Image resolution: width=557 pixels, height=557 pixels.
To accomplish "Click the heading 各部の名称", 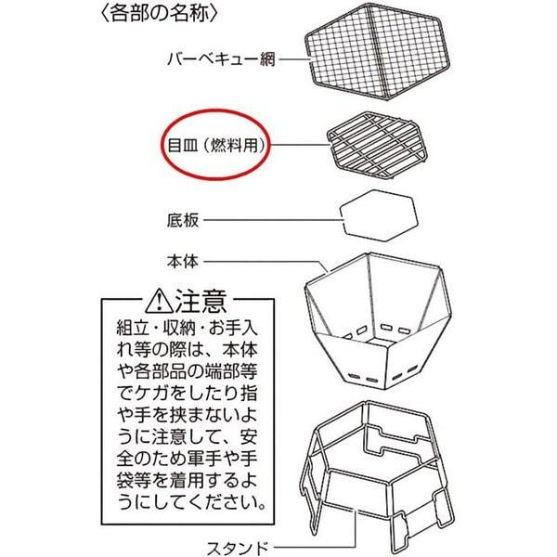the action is pyautogui.click(x=159, y=14).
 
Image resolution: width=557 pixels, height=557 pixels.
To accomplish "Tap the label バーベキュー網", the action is pyautogui.click(x=222, y=59).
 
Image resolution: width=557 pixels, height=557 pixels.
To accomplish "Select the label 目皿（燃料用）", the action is pyautogui.click(x=216, y=145).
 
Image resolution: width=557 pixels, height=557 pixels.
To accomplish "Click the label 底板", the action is pyautogui.click(x=183, y=220).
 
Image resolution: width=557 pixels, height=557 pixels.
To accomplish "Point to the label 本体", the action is pyautogui.click(x=183, y=262).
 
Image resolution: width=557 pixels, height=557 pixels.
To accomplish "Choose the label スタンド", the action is pyautogui.click(x=238, y=548).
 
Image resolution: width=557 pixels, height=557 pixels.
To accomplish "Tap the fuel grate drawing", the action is pyautogui.click(x=377, y=145).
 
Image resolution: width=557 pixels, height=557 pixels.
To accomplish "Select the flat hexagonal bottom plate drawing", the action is pyautogui.click(x=379, y=215).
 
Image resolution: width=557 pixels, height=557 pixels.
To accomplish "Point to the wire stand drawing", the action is pyautogui.click(x=377, y=469).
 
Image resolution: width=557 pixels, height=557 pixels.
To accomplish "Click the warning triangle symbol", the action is pyautogui.click(x=160, y=301).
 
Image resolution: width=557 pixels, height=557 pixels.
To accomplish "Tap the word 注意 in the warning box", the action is pyautogui.click(x=201, y=301).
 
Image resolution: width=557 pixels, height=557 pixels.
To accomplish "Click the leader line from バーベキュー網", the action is pyautogui.click(x=293, y=59).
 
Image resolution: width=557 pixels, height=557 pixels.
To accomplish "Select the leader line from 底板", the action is pyautogui.click(x=273, y=220).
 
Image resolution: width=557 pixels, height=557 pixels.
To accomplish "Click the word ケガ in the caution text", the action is pyautogui.click(x=152, y=394).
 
